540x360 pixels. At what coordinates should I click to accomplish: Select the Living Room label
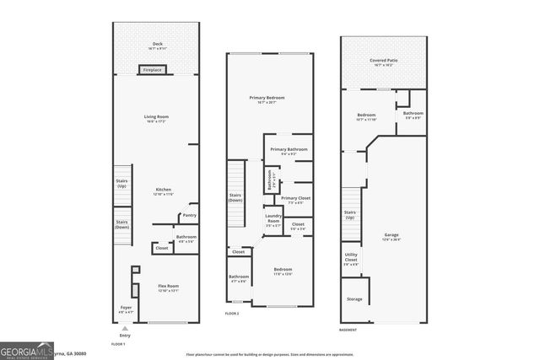157,119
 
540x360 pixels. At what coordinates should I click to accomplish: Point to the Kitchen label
163,191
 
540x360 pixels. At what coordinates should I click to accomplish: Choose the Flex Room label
169,288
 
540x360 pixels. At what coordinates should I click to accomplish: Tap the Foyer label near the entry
125,309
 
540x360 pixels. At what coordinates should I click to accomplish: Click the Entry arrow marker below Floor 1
125,328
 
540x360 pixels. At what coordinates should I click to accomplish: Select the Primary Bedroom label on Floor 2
267,99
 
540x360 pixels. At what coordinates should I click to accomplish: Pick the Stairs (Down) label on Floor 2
236,198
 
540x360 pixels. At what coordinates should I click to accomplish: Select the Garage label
391,236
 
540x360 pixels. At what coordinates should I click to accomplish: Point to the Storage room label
354,298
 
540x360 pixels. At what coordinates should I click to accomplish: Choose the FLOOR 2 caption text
232,314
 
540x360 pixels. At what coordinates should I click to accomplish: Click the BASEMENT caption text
348,330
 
